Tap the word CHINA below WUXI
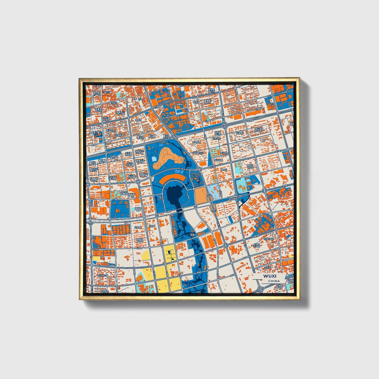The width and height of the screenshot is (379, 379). click(274, 281)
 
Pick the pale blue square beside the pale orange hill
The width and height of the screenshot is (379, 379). click(154, 159)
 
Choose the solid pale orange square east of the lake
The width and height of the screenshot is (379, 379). click(202, 195)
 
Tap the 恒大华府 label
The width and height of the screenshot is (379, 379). click(216, 138)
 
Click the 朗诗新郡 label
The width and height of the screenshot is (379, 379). click(196, 142)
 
